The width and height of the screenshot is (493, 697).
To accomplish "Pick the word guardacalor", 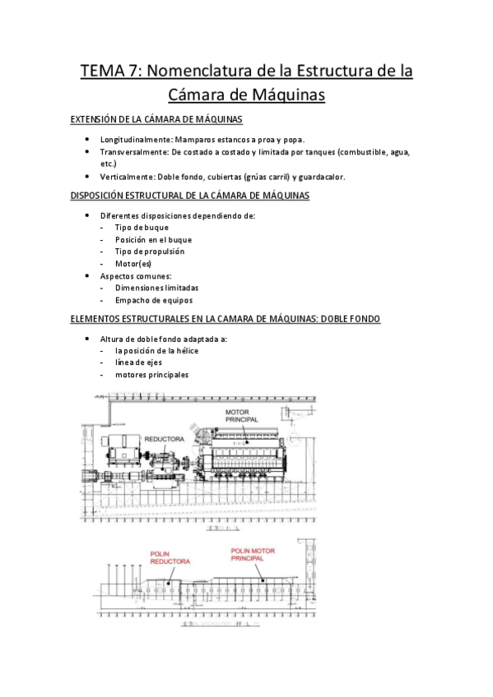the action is coord(322,177).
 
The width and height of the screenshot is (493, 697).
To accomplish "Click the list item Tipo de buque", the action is coord(142,228).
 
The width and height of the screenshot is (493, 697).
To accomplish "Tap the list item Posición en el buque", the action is coord(153,239).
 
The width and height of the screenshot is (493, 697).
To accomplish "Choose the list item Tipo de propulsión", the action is coord(149,252).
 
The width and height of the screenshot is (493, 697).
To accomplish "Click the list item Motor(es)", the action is coord(133,264).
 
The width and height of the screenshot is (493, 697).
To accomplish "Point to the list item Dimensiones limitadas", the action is coord(156,288).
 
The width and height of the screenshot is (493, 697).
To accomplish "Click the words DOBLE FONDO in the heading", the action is coord(346,319).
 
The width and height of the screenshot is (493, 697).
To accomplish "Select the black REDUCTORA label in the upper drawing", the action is coord(165,440).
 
